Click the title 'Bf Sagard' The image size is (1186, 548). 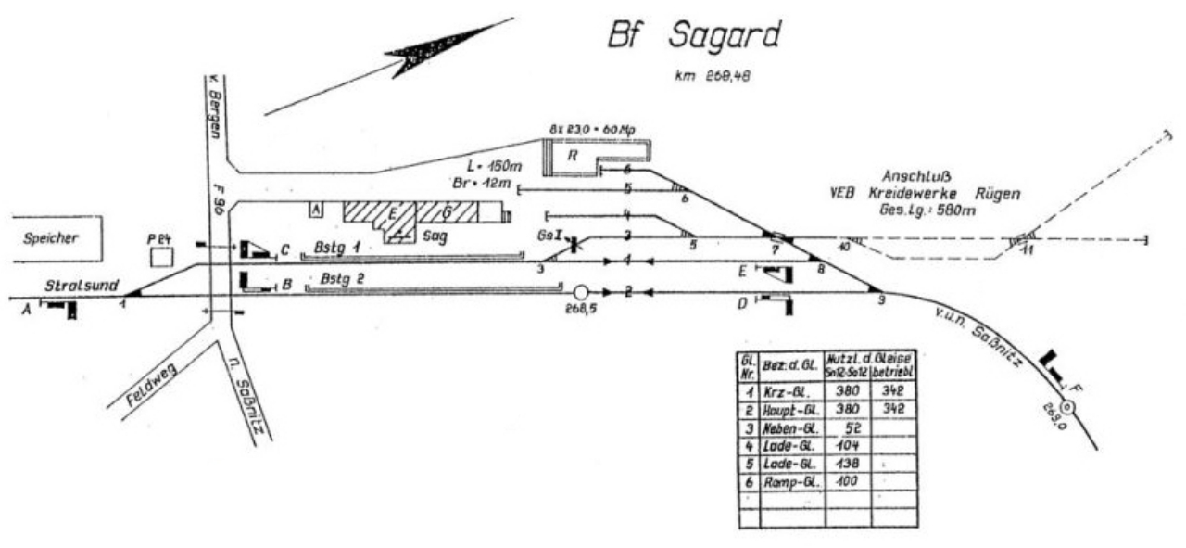tap(693, 34)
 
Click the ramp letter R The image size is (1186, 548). tap(574, 157)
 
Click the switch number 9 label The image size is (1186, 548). tap(881, 299)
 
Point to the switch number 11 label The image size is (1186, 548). tap(1027, 250)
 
